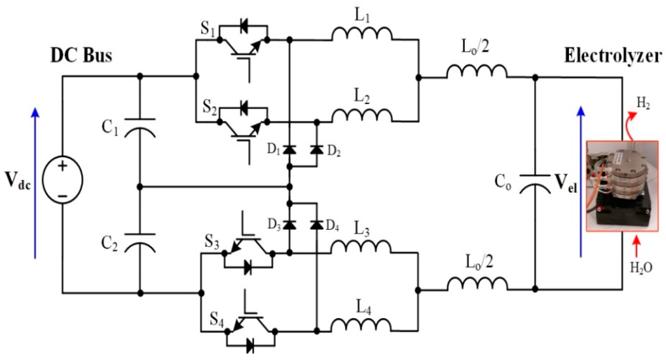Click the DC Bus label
(x=81, y=56)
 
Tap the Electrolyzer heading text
(x=613, y=56)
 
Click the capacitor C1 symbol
(x=140, y=128)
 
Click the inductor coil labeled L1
(x=362, y=34)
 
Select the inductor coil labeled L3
(x=361, y=247)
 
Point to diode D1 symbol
(x=289, y=150)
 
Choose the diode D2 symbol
(x=317, y=150)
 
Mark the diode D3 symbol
(x=289, y=225)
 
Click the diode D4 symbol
(x=317, y=225)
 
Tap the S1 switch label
(x=208, y=29)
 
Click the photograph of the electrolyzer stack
(x=622, y=186)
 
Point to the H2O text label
(x=641, y=268)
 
